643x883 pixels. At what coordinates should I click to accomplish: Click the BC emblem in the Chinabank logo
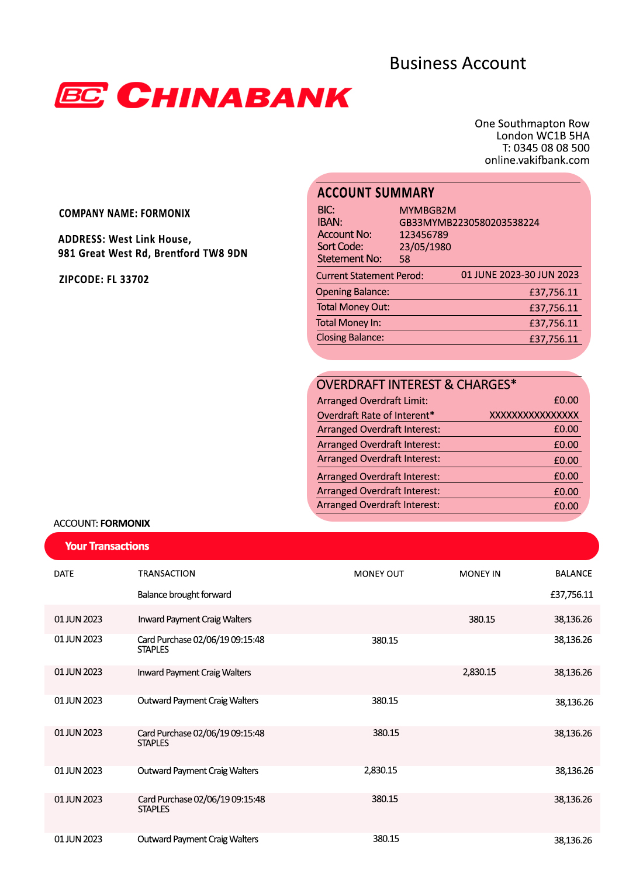click(x=81, y=95)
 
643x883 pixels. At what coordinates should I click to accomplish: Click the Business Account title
click(x=458, y=63)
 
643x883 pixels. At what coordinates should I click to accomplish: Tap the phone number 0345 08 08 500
click(x=551, y=148)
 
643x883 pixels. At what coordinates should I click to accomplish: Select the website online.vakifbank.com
click(x=537, y=160)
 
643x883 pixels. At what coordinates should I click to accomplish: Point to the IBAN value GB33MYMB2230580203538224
click(x=469, y=222)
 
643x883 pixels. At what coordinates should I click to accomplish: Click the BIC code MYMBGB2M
click(x=427, y=210)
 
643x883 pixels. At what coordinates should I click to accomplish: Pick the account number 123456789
click(x=423, y=234)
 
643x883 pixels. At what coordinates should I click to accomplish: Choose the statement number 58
click(x=405, y=259)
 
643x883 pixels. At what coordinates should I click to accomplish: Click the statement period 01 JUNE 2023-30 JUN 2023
click(x=520, y=275)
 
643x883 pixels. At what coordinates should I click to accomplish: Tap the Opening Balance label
click(x=352, y=292)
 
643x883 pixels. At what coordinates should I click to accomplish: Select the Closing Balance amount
click(x=553, y=339)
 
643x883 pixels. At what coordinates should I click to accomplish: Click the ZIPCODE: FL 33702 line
click(x=104, y=280)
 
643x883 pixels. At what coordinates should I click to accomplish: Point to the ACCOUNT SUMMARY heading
click(x=375, y=193)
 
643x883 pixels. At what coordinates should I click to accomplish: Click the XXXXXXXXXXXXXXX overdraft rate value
click(x=534, y=415)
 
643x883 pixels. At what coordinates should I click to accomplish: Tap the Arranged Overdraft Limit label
click(x=372, y=401)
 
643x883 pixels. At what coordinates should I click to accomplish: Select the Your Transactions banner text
click(x=107, y=546)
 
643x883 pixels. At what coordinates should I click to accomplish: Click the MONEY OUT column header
click(x=379, y=574)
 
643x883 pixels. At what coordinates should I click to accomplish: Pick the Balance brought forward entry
click(x=184, y=595)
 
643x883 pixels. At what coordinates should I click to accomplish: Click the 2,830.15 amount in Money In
click(x=479, y=672)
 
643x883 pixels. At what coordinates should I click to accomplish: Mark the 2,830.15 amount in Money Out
click(x=380, y=771)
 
